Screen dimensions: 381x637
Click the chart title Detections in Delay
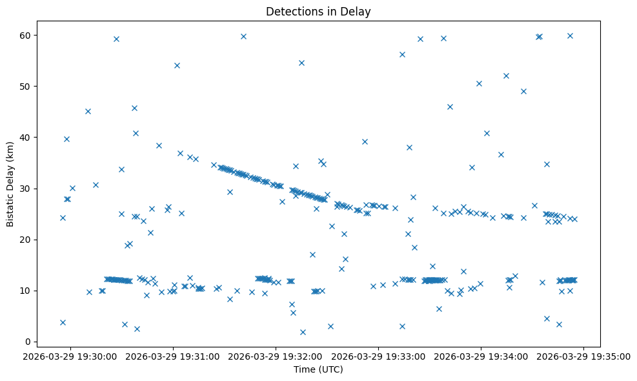pos(318,12)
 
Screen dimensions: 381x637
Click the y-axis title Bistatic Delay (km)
pos(10,183)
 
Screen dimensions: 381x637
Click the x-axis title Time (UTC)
pos(318,369)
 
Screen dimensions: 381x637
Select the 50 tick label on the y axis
pos(28,86)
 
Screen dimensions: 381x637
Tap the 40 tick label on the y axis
pos(28,137)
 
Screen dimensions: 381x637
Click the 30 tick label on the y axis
pos(28,189)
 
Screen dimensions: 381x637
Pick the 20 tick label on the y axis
pos(28,240)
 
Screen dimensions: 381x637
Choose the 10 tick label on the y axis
pos(28,291)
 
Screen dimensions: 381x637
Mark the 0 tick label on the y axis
pos(30,342)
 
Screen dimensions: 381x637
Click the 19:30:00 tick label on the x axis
pos(71,356)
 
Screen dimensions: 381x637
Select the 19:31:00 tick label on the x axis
pos(174,356)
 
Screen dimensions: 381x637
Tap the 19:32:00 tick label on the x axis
pos(276,356)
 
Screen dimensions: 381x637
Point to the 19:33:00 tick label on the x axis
pos(379,356)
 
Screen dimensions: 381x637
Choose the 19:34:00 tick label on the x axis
pos(481,356)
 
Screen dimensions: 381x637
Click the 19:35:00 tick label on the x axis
pos(584,356)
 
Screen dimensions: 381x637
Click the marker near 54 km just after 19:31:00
pos(177,65)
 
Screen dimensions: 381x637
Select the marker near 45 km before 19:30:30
pos(88,111)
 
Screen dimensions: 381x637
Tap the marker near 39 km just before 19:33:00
pos(365,141)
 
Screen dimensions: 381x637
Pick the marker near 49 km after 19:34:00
pos(523,91)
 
